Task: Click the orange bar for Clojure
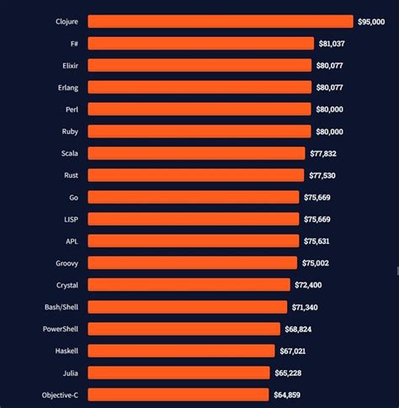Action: [221, 21]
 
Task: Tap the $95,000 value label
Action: [370, 21]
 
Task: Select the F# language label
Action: [72, 43]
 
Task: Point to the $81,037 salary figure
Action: [332, 43]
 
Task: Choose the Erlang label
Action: [67, 87]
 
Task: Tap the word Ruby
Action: [69, 131]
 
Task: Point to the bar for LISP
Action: [194, 218]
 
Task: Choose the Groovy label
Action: [66, 263]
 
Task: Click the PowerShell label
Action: [61, 329]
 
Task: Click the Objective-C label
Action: [60, 395]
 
